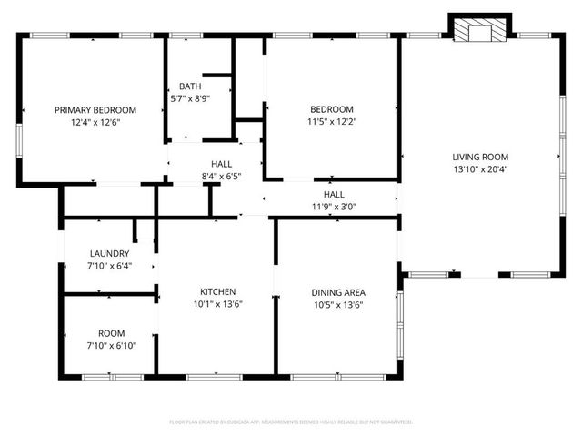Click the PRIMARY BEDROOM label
pyautogui.click(x=95, y=109)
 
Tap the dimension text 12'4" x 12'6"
pyautogui.click(x=95, y=121)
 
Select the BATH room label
pyautogui.click(x=190, y=86)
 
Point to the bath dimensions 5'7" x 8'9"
pyautogui.click(x=190, y=98)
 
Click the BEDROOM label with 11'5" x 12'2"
pyautogui.click(x=331, y=109)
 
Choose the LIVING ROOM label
pyautogui.click(x=481, y=156)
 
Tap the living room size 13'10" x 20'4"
pyautogui.click(x=481, y=168)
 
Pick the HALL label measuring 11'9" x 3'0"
pyautogui.click(x=334, y=194)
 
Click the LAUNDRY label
pyautogui.click(x=109, y=253)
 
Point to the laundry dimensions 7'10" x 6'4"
pyautogui.click(x=109, y=266)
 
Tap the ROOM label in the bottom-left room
pyautogui.click(x=111, y=333)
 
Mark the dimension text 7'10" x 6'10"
pyautogui.click(x=111, y=346)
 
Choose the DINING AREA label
pyautogui.click(x=338, y=292)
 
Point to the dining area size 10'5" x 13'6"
pyautogui.click(x=338, y=305)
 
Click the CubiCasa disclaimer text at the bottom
pyautogui.click(x=291, y=422)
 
